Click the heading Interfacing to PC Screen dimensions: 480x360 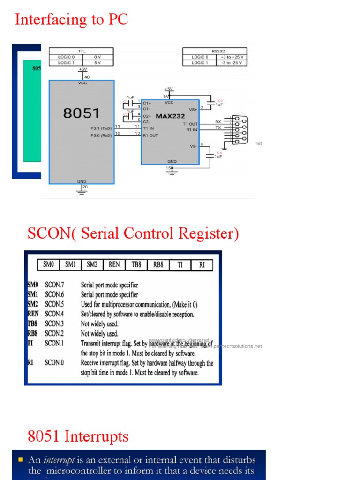[x=71, y=20]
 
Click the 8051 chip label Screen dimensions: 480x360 [x=82, y=113]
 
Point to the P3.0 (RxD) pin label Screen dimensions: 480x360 [x=101, y=135]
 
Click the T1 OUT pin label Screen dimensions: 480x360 [x=190, y=123]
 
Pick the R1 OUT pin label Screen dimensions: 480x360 [x=150, y=135]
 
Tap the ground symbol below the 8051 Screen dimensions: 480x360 [x=82, y=189]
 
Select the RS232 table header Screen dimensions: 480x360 [x=215, y=52]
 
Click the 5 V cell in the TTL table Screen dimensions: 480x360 [x=97, y=63]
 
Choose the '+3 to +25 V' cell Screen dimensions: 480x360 [x=232, y=57]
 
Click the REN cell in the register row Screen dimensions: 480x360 [x=114, y=265]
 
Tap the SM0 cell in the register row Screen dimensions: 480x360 [x=48, y=265]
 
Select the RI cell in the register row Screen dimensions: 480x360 [x=202, y=265]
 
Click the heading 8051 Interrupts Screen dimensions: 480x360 [x=78, y=436]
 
